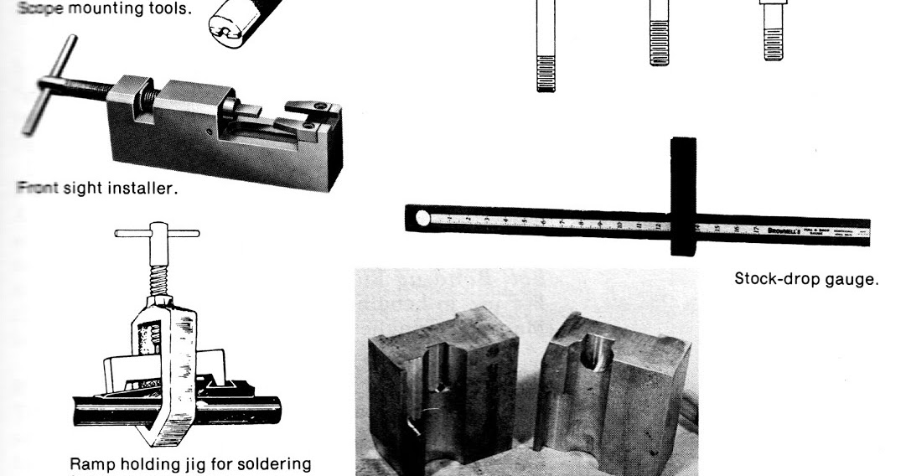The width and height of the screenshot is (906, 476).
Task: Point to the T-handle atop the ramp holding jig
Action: coord(157,234)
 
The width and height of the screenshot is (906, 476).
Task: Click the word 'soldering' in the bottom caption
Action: coord(274,464)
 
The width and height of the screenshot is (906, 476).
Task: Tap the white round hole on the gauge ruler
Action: coord(422,220)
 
